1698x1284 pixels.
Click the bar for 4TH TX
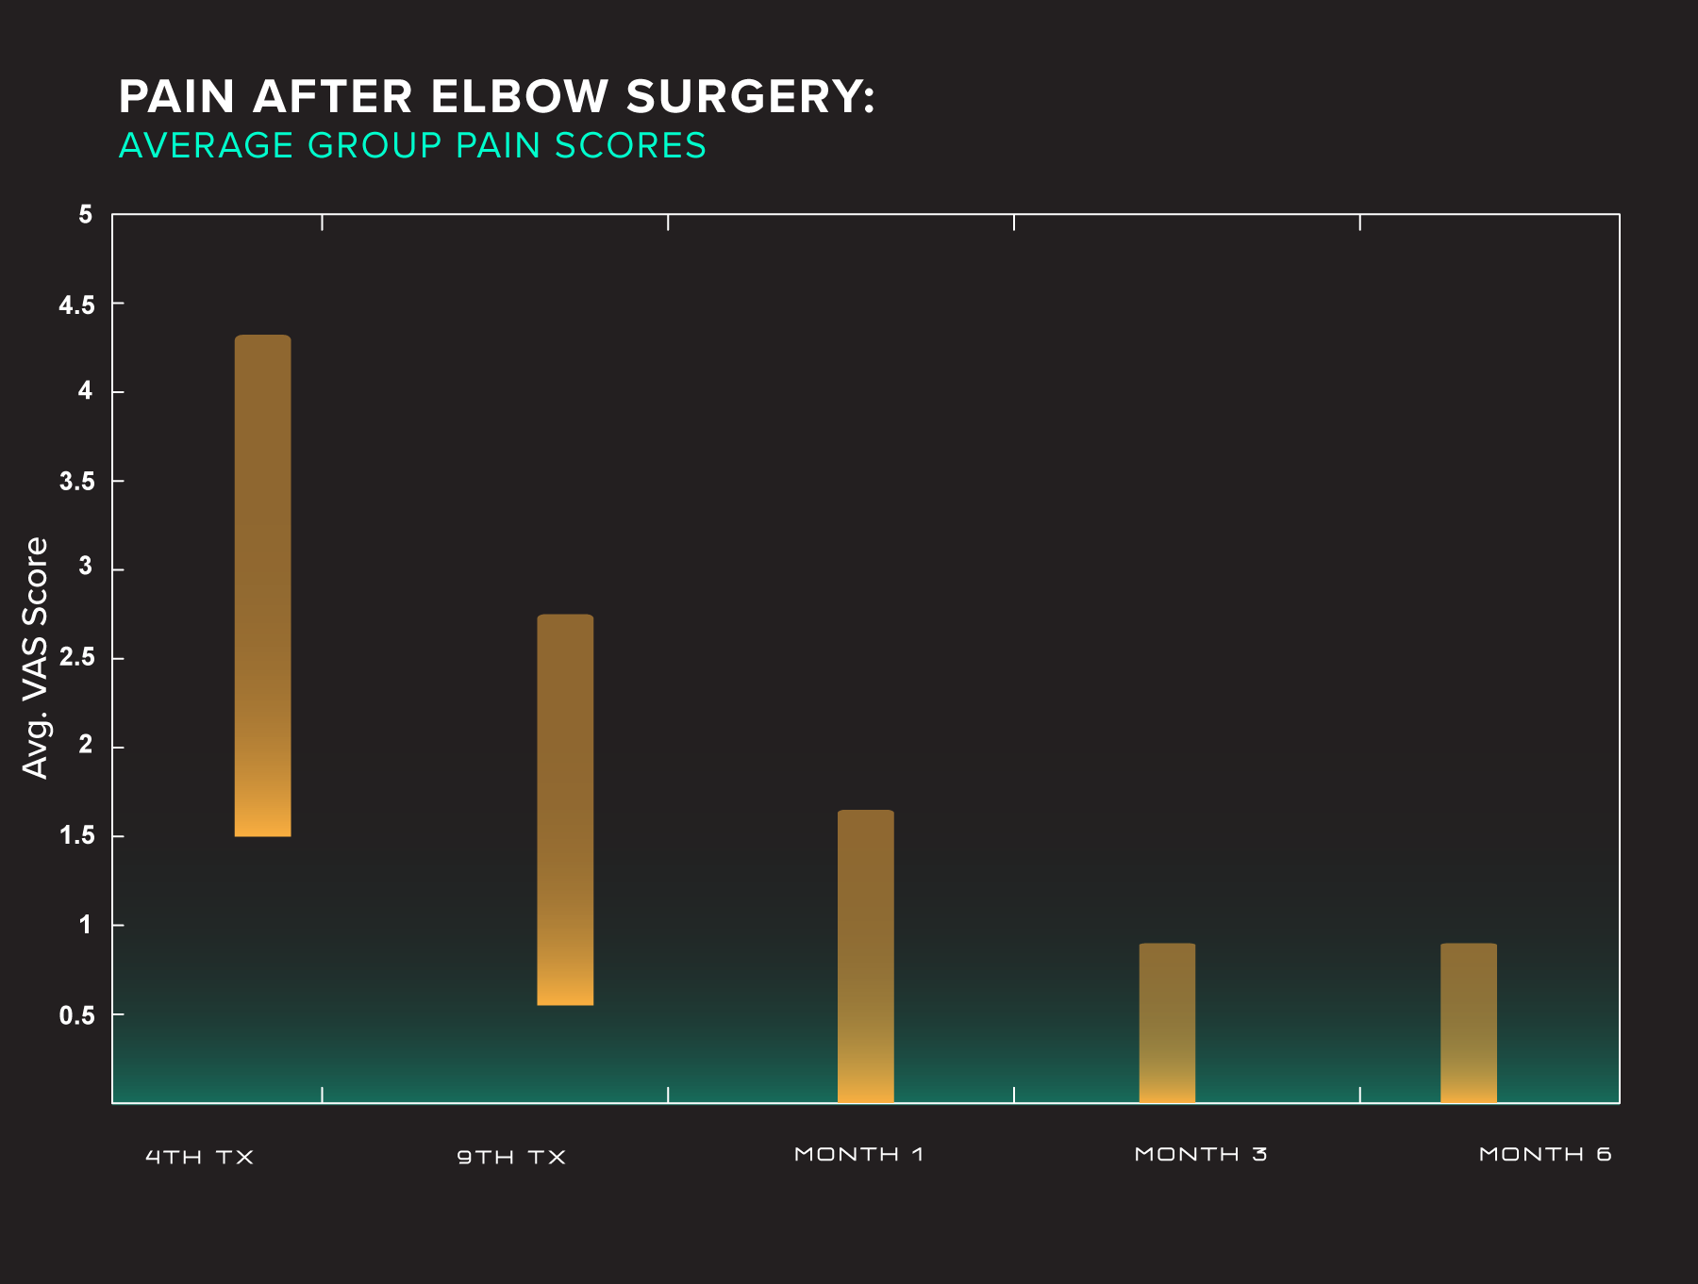262,585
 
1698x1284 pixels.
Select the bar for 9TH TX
565,810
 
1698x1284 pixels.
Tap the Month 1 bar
865,956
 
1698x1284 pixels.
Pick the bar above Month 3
1167,1023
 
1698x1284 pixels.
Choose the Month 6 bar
1468,1023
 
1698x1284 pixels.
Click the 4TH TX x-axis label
200,1157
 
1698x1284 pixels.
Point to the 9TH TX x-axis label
511,1157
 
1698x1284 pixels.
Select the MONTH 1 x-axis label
858,1154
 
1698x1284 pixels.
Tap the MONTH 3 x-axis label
1200,1154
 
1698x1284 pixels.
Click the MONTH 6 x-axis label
1545,1154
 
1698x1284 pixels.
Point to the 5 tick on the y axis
86,215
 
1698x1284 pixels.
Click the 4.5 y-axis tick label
77,305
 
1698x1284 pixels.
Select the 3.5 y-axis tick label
77,482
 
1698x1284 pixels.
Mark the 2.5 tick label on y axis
77,658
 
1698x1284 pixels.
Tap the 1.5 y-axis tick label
77,835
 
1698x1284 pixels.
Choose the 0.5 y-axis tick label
77,1015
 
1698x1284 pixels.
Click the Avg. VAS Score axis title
36,658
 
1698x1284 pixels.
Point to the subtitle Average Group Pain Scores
412,145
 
